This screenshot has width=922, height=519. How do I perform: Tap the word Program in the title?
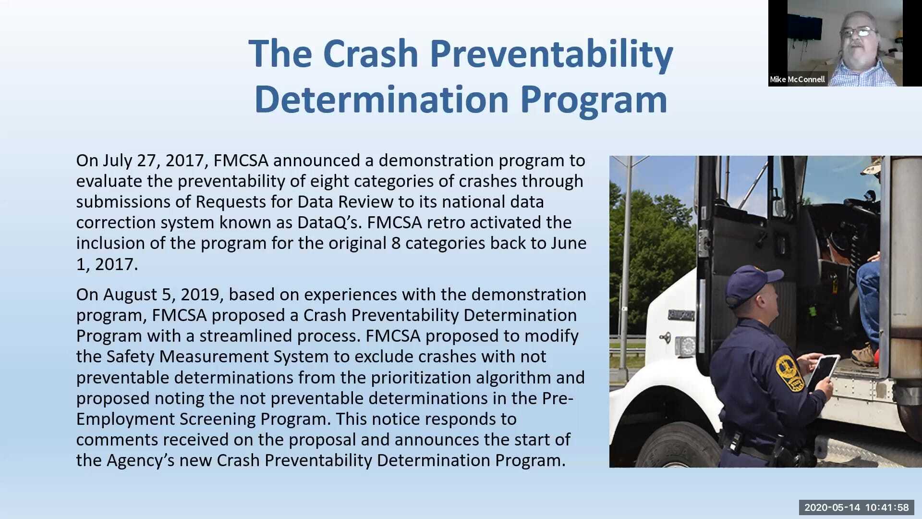(594, 100)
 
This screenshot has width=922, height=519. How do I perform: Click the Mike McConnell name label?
(797, 79)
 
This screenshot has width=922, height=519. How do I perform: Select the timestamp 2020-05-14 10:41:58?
(857, 507)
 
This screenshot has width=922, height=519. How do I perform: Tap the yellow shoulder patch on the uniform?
(789, 372)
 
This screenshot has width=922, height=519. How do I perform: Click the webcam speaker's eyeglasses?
(859, 33)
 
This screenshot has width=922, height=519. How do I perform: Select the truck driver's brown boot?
(863, 356)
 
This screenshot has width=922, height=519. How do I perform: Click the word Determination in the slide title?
(381, 100)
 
